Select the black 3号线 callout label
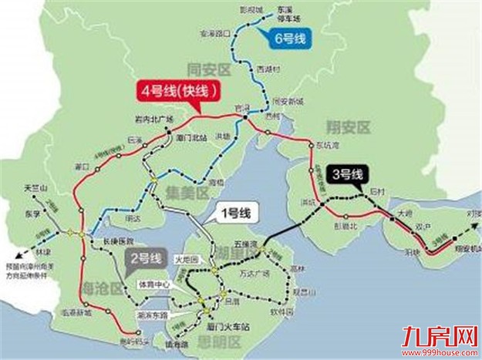click(x=345, y=174)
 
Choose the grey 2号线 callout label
click(x=145, y=257)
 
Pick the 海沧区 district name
click(x=103, y=288)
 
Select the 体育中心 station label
click(x=152, y=284)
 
